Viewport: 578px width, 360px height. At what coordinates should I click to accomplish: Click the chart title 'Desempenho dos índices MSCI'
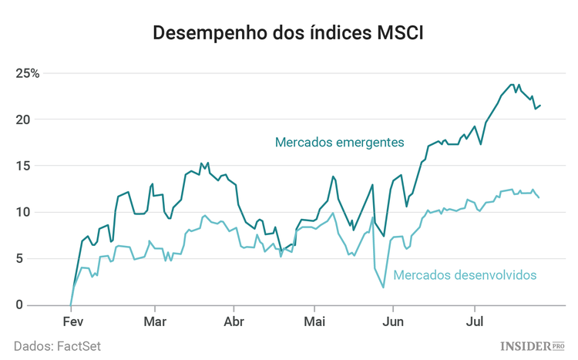[x=289, y=33]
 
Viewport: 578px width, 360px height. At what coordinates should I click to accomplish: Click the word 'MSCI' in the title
[x=398, y=33]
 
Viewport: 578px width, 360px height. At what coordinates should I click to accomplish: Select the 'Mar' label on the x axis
[x=155, y=321]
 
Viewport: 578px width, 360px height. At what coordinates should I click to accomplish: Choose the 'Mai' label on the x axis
[x=314, y=321]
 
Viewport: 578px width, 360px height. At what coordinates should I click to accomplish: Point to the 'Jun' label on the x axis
[x=393, y=321]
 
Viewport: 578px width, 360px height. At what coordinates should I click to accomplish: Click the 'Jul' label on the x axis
[x=472, y=321]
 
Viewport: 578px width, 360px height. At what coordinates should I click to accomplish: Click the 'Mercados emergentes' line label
[x=339, y=143]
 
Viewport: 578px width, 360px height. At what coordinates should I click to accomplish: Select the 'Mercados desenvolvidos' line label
[x=465, y=274]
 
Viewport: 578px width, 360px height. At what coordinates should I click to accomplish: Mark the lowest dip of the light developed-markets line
[x=383, y=288]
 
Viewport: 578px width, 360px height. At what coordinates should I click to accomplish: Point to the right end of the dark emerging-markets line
[x=539, y=106]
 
